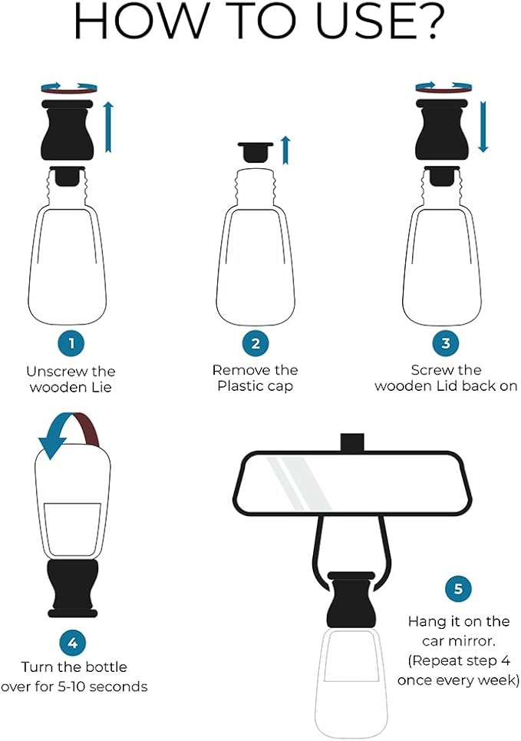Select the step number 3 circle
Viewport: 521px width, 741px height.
pyautogui.click(x=446, y=342)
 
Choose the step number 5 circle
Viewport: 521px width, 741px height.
pyautogui.click(x=458, y=589)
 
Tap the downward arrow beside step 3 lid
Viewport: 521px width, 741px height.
pyautogui.click(x=483, y=126)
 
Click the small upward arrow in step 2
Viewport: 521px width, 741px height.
pyautogui.click(x=285, y=150)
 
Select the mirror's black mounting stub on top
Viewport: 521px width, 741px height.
pyautogui.click(x=352, y=442)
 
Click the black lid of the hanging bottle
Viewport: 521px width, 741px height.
pyautogui.click(x=350, y=599)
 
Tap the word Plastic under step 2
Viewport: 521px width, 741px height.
pyautogui.click(x=241, y=386)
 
